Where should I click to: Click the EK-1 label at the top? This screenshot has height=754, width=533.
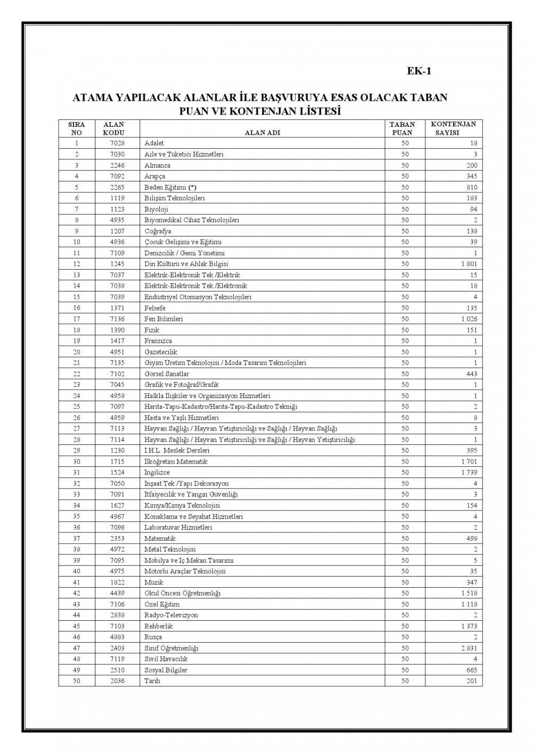418,71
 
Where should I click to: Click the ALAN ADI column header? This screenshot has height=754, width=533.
262,133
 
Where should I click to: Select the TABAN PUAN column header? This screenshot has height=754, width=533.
402,128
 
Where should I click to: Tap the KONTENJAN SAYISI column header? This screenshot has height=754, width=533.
453,128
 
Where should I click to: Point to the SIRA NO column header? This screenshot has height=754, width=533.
77,128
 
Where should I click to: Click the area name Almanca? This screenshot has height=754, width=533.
157,165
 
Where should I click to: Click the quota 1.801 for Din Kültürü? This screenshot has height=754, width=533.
469,264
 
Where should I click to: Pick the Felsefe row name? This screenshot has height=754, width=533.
155,308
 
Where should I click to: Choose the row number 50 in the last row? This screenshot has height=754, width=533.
77,681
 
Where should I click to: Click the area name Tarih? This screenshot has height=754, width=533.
152,681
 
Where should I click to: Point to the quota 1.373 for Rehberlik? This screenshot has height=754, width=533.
469,626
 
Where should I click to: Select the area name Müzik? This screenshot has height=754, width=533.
154,582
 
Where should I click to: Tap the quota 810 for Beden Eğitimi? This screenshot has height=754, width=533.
471,187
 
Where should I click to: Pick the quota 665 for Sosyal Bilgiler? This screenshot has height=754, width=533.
471,670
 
